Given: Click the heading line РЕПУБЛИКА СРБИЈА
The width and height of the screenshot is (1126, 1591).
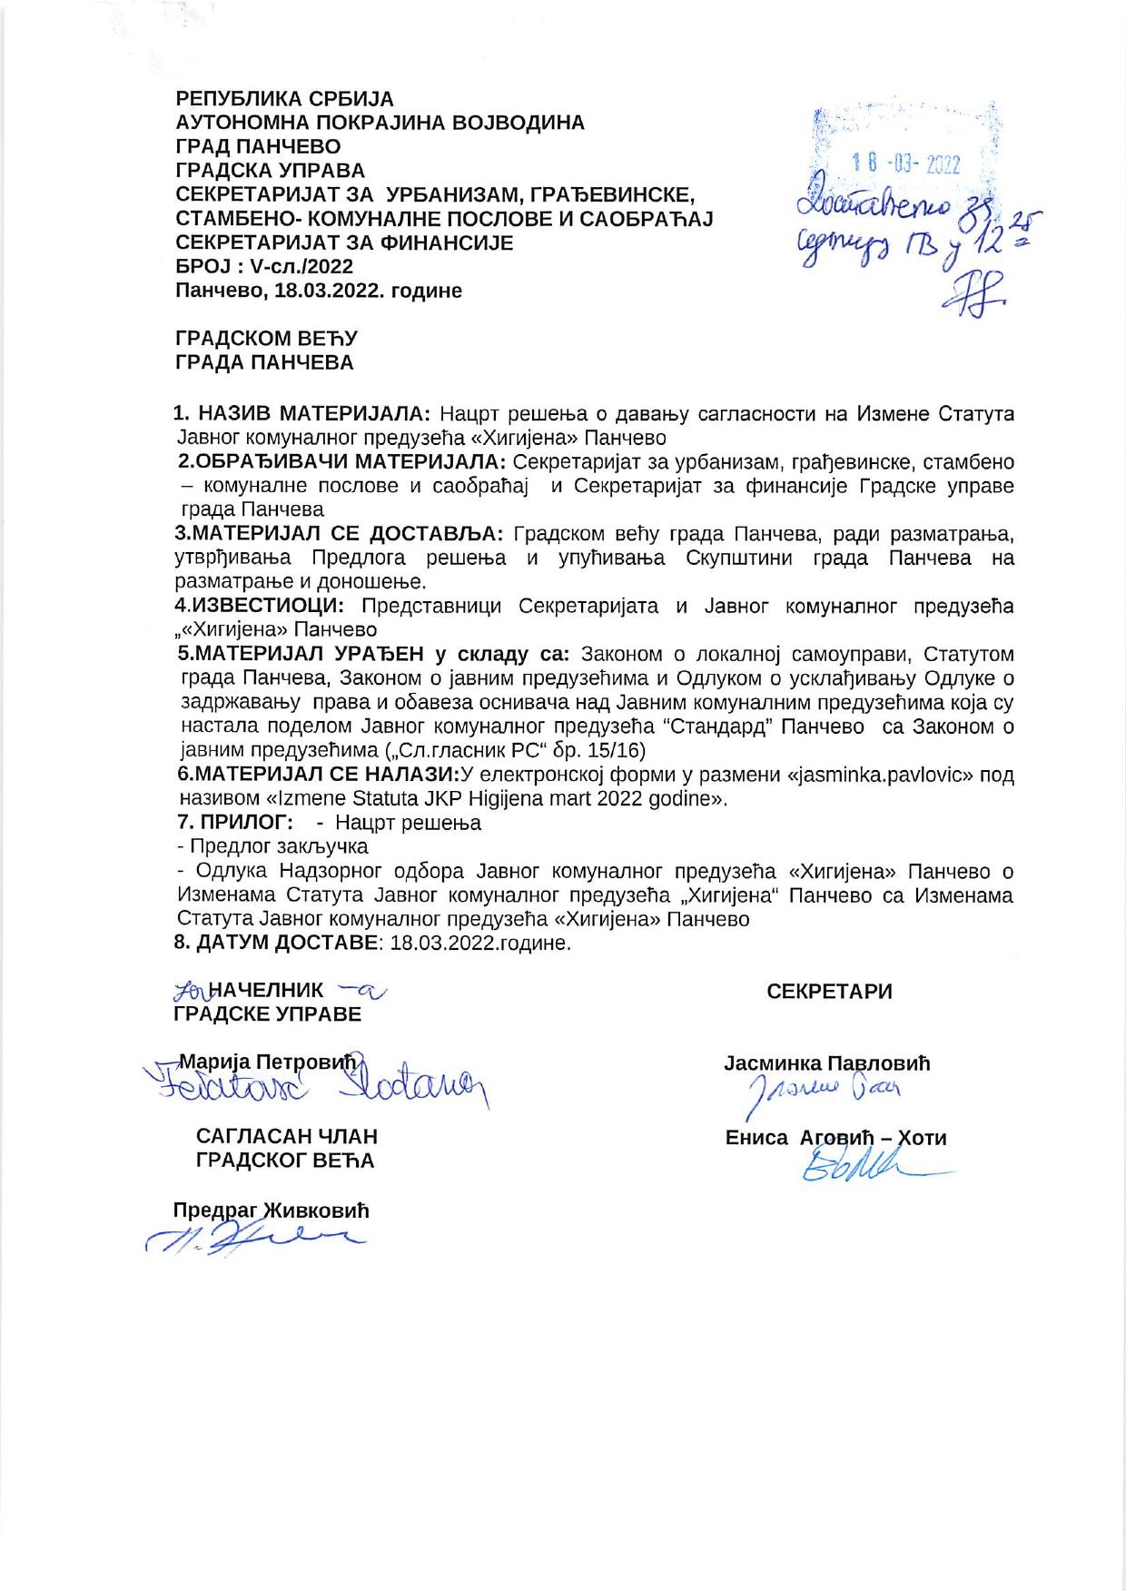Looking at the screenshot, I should [284, 99].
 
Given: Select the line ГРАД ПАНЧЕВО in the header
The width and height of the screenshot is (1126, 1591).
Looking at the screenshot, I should [258, 147].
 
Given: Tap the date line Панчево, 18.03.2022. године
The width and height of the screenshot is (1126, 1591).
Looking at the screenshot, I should [319, 292].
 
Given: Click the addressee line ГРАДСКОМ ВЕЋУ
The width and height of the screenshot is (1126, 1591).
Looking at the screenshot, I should [266, 339].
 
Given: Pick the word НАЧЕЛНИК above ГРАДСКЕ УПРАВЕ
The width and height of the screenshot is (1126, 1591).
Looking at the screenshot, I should [266, 990].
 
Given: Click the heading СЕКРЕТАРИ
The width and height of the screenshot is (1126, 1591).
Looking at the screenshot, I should [829, 992].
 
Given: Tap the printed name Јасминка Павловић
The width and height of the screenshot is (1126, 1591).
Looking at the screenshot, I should [826, 1062].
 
